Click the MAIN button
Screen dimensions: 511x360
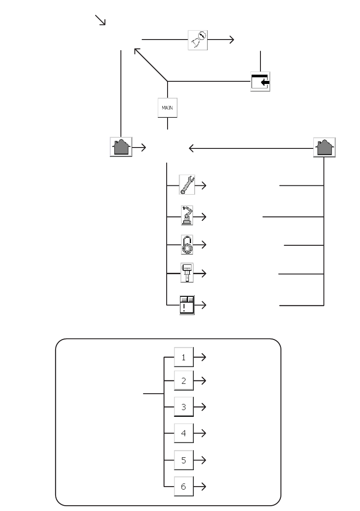(x=167, y=107)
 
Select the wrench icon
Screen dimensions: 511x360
(x=186, y=184)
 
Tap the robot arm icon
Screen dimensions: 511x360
(x=186, y=216)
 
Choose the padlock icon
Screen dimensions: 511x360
(x=186, y=245)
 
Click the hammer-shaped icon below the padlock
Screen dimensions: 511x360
(x=186, y=273)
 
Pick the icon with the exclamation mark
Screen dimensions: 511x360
(x=186, y=305)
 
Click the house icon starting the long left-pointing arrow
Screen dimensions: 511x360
(x=324, y=147)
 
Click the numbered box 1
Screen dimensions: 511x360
(x=184, y=357)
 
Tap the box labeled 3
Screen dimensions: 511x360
(x=184, y=407)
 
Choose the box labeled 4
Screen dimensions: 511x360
(x=184, y=433)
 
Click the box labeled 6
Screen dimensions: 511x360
(x=184, y=486)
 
